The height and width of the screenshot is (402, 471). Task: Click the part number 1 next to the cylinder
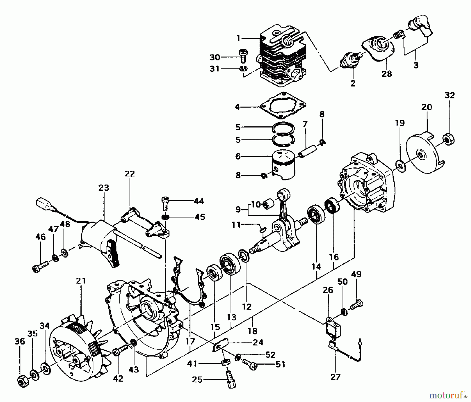coord(238,38)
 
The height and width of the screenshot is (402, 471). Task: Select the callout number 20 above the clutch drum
coord(427,107)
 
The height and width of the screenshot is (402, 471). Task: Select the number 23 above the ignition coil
coord(104,188)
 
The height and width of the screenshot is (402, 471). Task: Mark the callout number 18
coord(253,331)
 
